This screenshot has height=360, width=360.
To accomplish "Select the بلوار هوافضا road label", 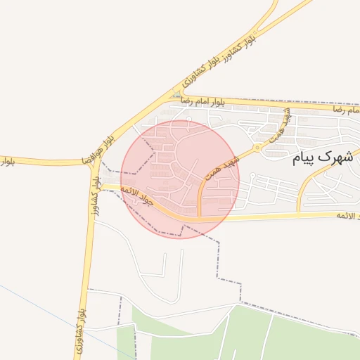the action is click(98, 148).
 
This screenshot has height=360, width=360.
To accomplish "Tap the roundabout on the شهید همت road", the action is click(258, 148).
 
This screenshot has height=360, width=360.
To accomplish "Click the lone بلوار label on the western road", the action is click(6, 162).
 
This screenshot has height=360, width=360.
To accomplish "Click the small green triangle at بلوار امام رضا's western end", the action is click(177, 95).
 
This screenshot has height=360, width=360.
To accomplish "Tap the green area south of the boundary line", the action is click(281, 337).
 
